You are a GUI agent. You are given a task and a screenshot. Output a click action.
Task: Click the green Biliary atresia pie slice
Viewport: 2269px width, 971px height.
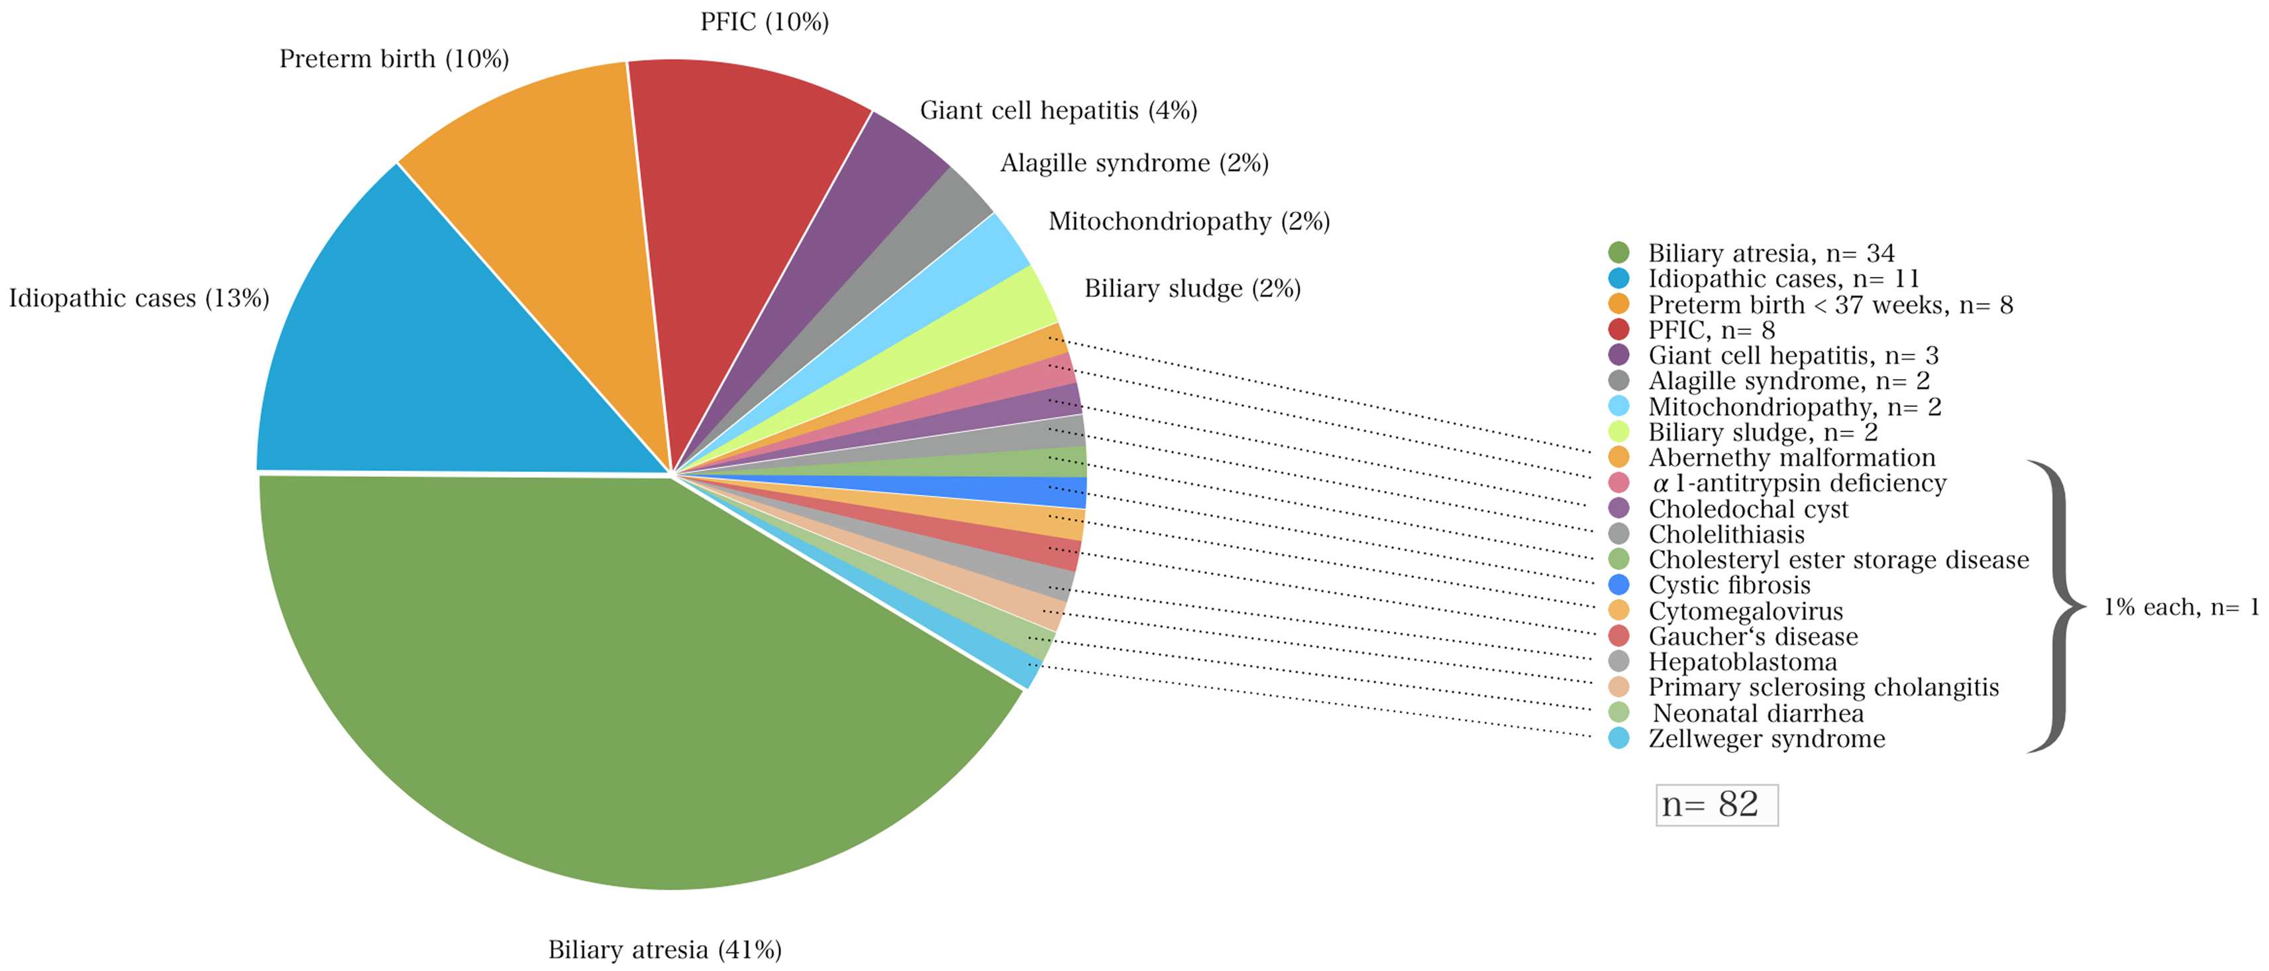click(572, 687)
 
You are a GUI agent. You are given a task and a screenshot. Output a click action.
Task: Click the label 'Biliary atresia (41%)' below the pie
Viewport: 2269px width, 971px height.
click(665, 949)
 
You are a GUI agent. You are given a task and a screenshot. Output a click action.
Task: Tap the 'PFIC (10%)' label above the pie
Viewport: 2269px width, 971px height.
click(765, 21)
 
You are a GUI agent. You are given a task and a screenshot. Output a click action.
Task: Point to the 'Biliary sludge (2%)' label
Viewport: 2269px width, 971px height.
click(1192, 288)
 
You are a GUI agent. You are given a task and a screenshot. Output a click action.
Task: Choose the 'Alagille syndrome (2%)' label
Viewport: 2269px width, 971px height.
click(1134, 163)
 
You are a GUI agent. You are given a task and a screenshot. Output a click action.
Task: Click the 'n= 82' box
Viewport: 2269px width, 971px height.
click(1716, 805)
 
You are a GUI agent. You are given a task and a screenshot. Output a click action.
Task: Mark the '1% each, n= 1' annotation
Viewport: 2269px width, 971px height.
click(2181, 606)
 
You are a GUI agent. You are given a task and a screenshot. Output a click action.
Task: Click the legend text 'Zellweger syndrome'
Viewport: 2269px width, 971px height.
click(1767, 738)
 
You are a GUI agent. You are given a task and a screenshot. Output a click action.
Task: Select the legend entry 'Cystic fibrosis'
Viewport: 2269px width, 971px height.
click(1730, 585)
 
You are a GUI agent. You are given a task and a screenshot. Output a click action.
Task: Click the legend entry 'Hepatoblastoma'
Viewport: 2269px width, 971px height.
click(1743, 661)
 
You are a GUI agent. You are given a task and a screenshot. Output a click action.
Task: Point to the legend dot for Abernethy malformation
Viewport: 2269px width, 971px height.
click(1618, 457)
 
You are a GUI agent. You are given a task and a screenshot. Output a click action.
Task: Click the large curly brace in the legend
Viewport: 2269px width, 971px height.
click(2057, 606)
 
